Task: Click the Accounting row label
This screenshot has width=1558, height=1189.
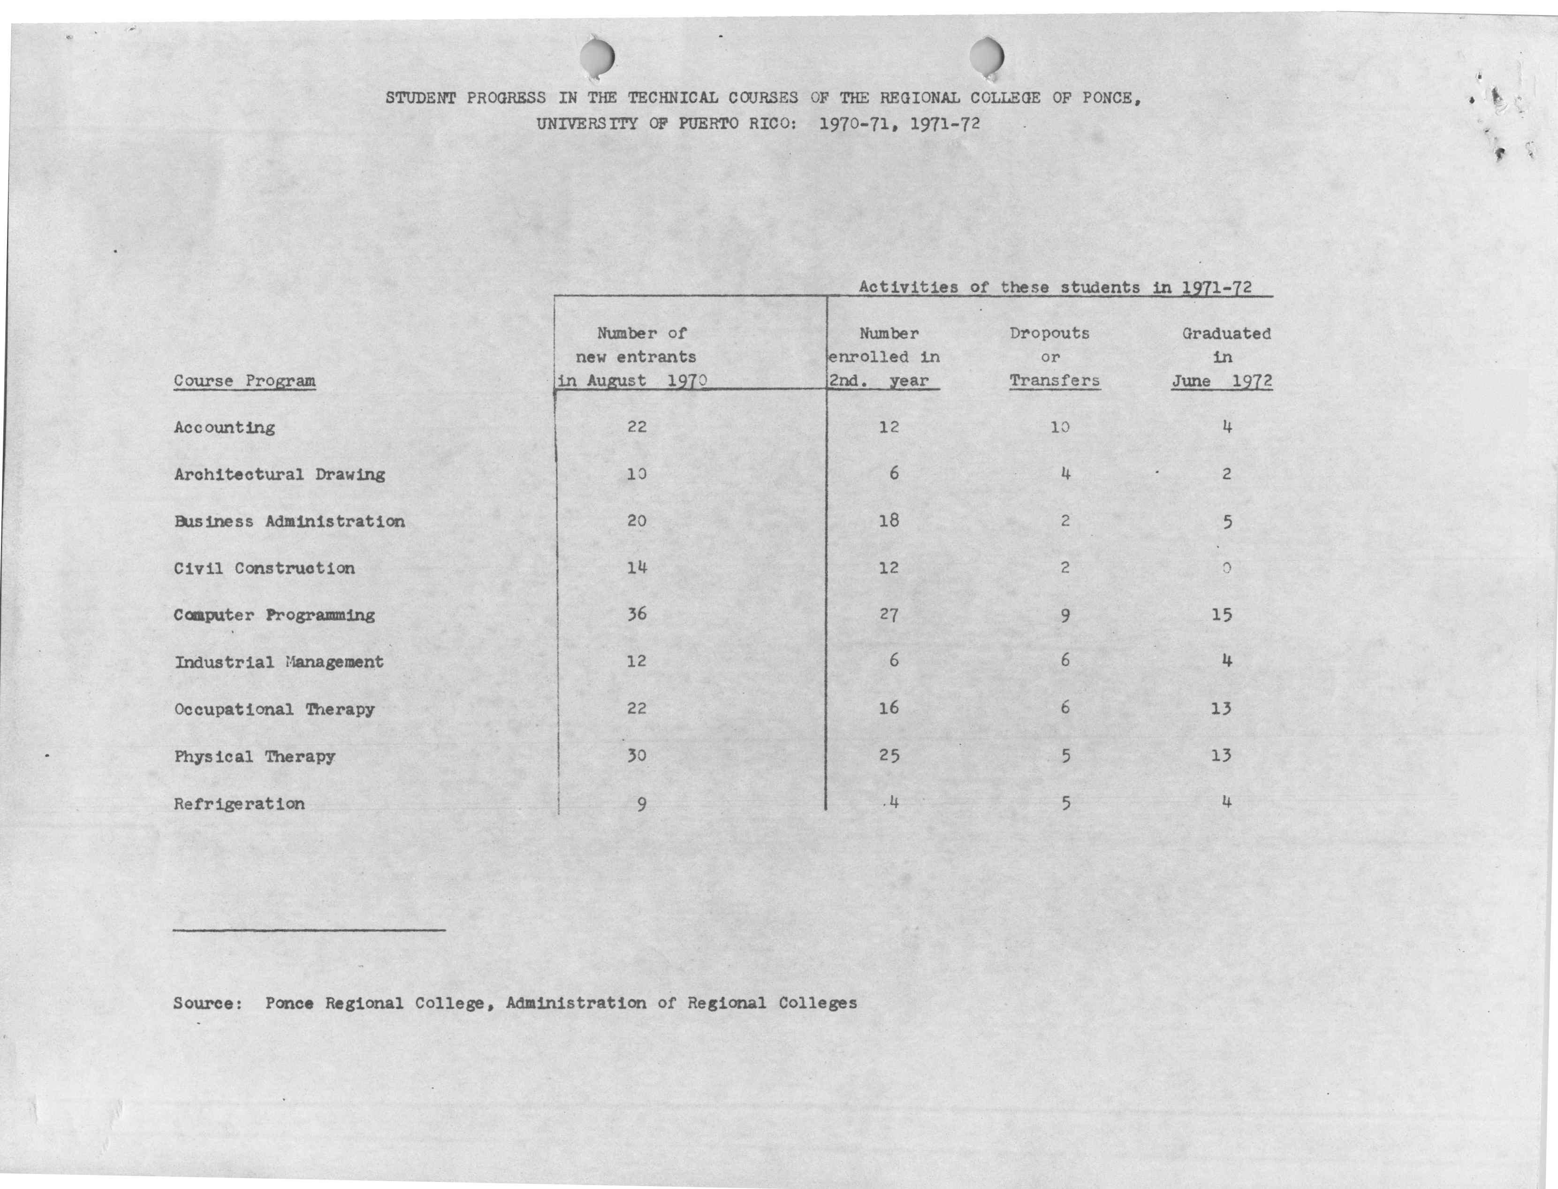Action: (x=224, y=427)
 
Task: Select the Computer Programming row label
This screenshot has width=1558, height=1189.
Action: (x=274, y=615)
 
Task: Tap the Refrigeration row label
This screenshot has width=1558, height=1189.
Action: (x=239, y=804)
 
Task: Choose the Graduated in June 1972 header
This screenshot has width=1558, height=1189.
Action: (x=1224, y=357)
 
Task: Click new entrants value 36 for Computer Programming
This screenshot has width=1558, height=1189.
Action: (x=637, y=614)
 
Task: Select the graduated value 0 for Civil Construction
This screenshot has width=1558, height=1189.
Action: (x=1226, y=568)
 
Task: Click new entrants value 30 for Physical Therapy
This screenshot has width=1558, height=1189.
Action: (x=637, y=755)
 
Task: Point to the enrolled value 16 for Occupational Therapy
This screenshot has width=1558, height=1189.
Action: (x=889, y=708)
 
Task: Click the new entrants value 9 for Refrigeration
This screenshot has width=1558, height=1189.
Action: (x=640, y=804)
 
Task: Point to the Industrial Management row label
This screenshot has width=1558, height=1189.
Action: (x=279, y=663)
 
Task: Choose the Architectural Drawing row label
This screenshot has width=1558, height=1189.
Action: (x=280, y=474)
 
